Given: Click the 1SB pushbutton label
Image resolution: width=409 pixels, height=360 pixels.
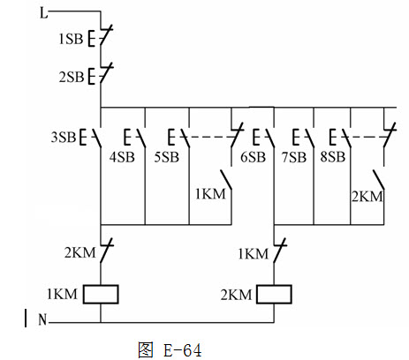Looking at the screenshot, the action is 71,39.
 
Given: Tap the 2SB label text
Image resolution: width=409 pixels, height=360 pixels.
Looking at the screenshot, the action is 72,77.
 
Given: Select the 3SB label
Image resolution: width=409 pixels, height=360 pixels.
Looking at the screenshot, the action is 64,137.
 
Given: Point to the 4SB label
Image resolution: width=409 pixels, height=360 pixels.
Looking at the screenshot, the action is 122,157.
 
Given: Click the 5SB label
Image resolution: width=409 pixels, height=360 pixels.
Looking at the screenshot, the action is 166,157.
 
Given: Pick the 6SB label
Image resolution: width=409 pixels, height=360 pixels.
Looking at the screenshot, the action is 253,157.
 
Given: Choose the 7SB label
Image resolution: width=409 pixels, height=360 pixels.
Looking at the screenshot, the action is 294,157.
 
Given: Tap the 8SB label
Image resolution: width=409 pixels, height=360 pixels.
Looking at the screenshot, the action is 333,156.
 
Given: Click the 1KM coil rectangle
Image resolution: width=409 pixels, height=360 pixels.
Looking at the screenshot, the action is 101,294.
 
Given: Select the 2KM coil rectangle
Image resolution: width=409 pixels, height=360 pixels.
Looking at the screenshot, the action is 274,294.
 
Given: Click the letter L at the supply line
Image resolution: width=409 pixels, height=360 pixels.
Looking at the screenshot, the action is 43,13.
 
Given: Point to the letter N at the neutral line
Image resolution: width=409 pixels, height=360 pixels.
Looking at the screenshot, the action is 42,319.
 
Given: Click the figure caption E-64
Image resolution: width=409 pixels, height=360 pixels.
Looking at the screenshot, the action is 182,350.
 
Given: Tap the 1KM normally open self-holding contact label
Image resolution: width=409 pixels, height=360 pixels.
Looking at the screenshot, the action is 210,194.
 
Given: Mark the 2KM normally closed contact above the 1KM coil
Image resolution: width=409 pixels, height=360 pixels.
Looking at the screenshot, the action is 105,251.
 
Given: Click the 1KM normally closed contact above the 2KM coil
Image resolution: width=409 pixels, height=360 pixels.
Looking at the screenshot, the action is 279,251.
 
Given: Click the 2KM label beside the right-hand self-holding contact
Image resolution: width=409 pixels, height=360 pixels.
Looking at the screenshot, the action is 367,197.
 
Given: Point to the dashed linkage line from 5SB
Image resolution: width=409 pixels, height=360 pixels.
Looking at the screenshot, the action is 209,137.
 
